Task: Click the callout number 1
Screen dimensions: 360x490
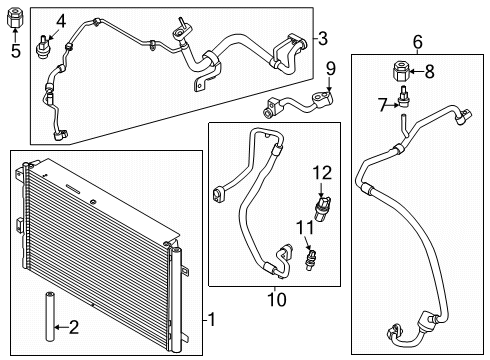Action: pos(211,320)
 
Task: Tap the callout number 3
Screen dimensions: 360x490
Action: pos(323,38)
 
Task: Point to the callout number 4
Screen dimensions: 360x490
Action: pos(61,20)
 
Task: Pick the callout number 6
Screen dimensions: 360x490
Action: pos(418,41)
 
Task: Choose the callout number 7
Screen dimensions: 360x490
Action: pos(381,103)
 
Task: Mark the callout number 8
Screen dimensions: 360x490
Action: pos(431,71)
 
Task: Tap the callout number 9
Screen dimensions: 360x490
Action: pos(330,69)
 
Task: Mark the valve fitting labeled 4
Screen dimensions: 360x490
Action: pos(45,43)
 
